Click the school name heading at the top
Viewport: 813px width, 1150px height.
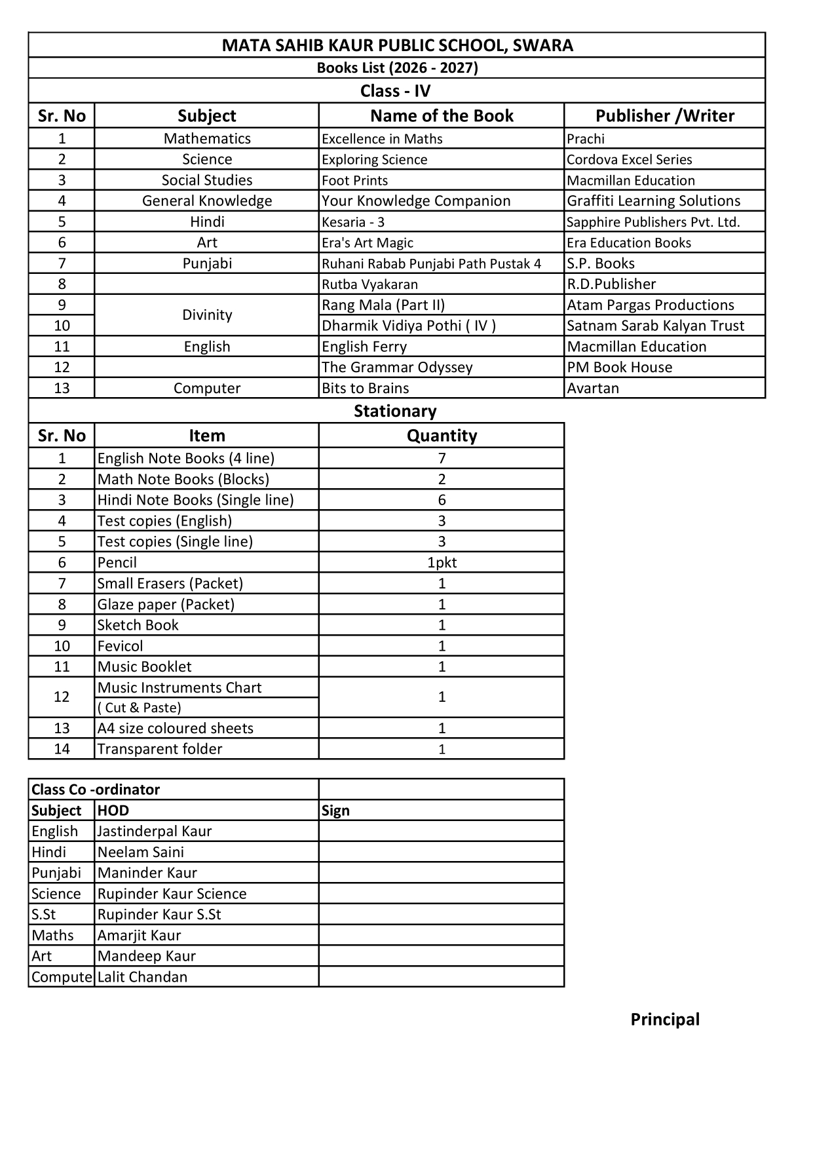(x=397, y=45)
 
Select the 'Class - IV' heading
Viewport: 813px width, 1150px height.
(x=395, y=91)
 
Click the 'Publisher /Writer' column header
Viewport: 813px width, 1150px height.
(x=664, y=116)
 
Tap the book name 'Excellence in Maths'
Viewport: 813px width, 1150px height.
(x=382, y=139)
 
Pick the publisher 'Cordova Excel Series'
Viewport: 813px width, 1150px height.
(x=629, y=160)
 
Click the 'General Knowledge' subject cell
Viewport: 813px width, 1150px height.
(x=207, y=201)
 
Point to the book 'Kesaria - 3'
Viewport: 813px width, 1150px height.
(x=353, y=222)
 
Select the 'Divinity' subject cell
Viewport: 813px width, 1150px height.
(x=207, y=315)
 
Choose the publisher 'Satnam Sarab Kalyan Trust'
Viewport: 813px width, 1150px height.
(x=655, y=326)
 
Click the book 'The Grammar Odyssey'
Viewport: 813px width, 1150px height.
(x=397, y=368)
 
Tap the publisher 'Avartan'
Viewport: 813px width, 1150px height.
(x=593, y=389)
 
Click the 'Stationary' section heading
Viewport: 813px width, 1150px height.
(x=395, y=412)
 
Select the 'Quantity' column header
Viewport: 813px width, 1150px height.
(x=442, y=436)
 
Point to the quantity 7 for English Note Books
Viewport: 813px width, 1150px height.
(x=442, y=459)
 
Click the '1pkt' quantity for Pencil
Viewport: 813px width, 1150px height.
(x=442, y=563)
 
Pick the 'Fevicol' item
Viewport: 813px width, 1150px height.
(x=120, y=646)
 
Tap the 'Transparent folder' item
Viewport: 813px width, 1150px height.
(x=160, y=750)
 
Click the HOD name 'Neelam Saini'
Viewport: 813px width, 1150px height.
(x=141, y=853)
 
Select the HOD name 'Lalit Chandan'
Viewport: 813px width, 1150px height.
(x=142, y=977)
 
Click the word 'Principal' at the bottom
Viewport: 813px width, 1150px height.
(x=665, y=1020)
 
